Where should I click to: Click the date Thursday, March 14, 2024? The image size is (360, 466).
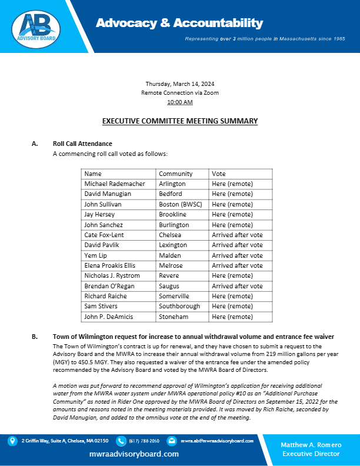pos(179,84)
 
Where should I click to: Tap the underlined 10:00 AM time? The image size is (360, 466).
pos(179,102)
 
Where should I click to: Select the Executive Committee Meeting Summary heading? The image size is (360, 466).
pos(180,121)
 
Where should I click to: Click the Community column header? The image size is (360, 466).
pos(175,174)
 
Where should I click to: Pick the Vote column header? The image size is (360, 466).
pos(219,174)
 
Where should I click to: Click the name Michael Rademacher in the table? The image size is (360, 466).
pos(114,184)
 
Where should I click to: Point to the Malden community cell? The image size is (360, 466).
pos(170,255)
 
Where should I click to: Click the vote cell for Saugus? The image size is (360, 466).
pos(237,286)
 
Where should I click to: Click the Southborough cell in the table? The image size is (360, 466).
pos(179,307)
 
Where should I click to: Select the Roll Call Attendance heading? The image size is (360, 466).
pos(82,144)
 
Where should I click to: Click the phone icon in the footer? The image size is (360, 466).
pos(121,440)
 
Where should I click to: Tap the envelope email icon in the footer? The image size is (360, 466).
pos(171,440)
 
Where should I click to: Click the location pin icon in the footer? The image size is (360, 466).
pos(12,440)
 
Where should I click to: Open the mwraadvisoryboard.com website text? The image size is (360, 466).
pos(134,454)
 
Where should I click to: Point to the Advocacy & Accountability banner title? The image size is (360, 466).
pos(179,24)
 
